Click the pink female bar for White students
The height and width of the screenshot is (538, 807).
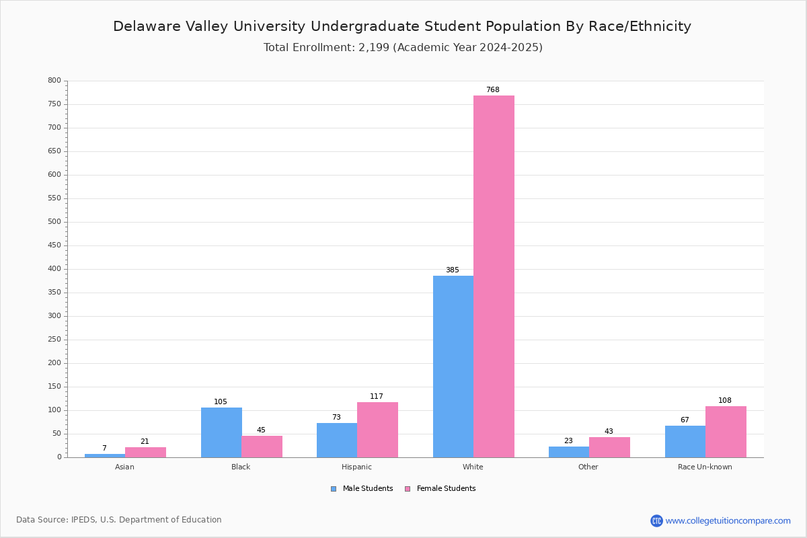point(494,276)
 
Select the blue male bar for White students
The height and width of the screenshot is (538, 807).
point(453,367)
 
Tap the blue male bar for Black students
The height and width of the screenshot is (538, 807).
point(221,432)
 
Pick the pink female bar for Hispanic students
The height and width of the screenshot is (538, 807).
point(377,430)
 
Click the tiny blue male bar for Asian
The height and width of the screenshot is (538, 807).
point(105,456)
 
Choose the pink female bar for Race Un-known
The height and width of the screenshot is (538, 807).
point(726,432)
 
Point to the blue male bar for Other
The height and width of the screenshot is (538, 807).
point(569,452)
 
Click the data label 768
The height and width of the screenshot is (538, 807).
point(493,89)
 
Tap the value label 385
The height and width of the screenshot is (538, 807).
point(453,270)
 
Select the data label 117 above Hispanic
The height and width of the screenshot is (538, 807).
point(377,396)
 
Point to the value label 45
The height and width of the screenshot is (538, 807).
point(261,430)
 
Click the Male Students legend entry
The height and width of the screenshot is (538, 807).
point(362,489)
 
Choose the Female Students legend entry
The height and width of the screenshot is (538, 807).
point(440,489)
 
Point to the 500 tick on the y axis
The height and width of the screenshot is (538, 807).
point(54,222)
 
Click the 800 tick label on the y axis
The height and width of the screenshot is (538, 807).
point(54,80)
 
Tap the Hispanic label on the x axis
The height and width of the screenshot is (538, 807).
point(356,467)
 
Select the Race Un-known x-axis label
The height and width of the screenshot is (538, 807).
point(705,467)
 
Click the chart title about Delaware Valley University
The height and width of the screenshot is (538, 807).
point(402,26)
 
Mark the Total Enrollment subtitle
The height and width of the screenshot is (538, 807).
point(403,48)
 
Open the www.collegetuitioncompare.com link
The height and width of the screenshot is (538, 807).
point(728,521)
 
